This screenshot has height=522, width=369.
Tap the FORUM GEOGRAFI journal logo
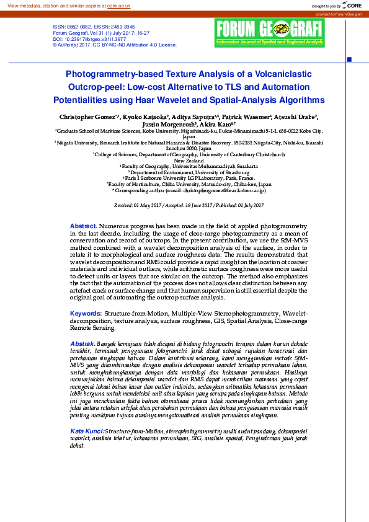click(x=270, y=32)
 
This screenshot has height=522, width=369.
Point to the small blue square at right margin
click(x=349, y=60)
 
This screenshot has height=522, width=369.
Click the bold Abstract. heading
click(x=83, y=226)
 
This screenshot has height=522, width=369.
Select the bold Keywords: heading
click(x=86, y=314)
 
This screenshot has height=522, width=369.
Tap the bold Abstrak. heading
click(x=82, y=343)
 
